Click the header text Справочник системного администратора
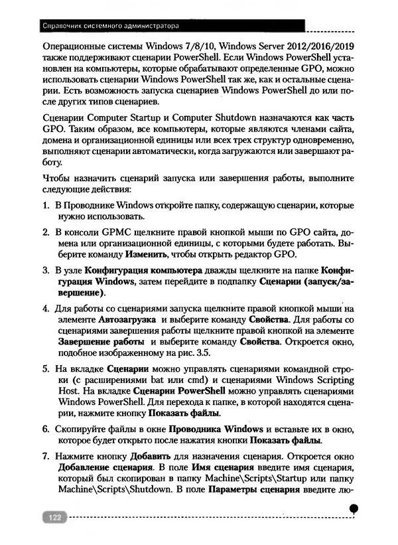coord(109,27)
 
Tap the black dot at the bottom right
coord(354,508)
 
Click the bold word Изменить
coord(148,256)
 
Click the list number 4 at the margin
coord(46,308)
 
